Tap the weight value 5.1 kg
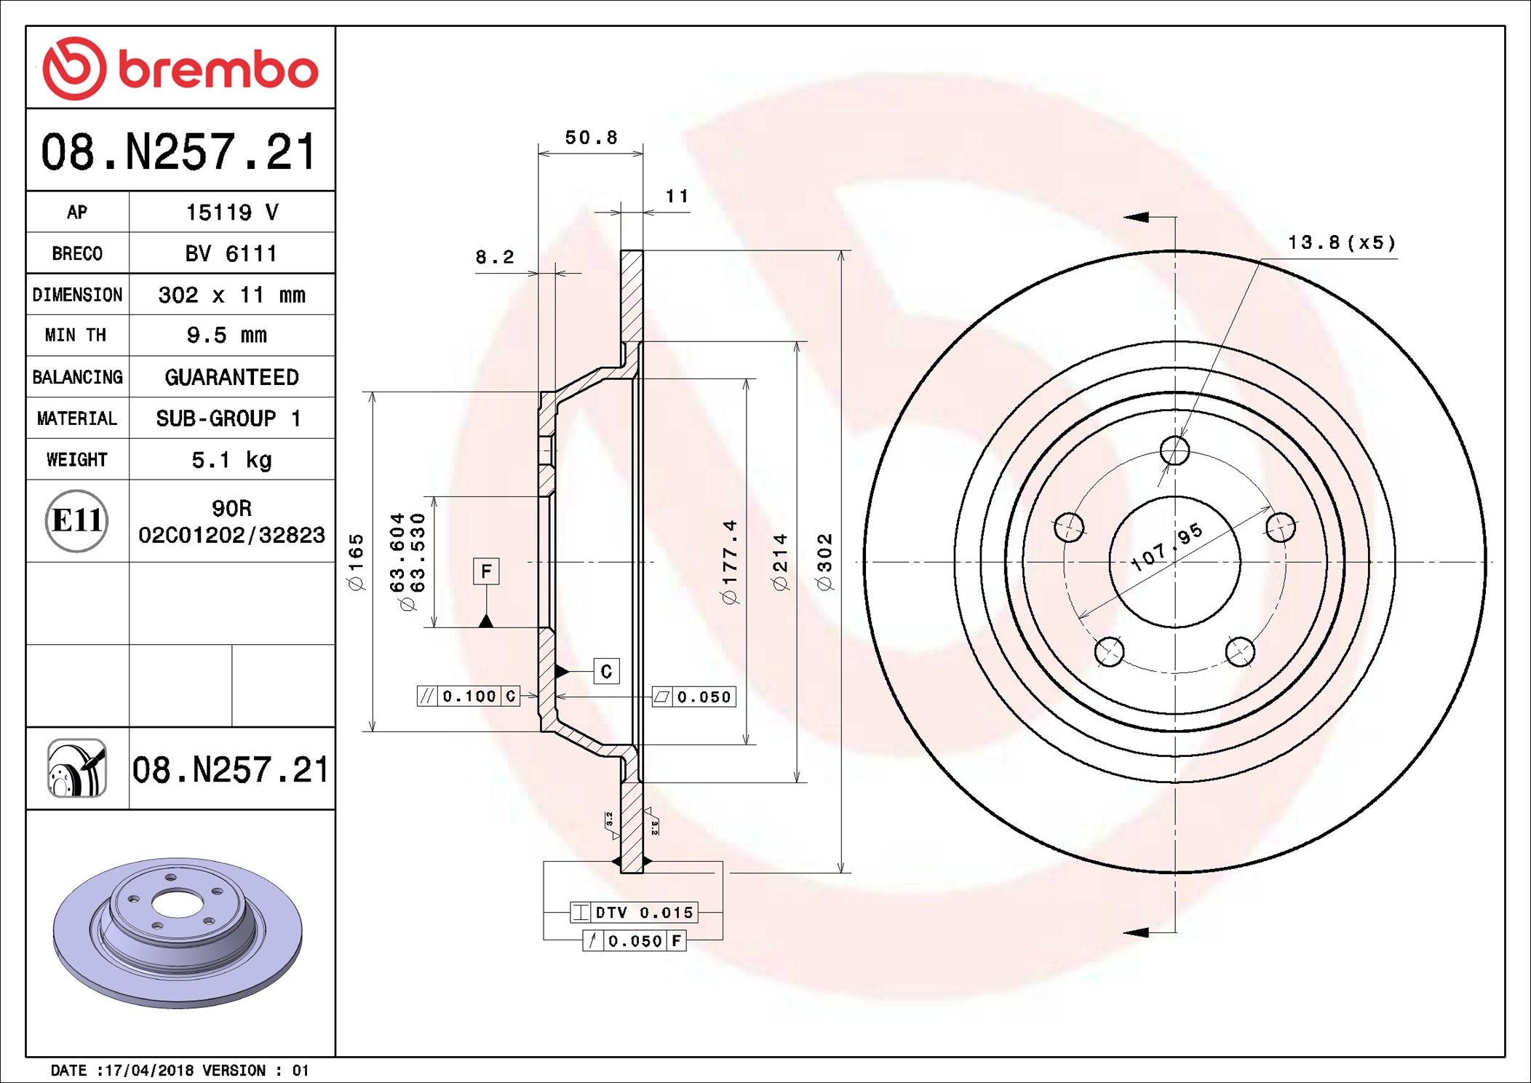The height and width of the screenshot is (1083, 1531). pos(231,460)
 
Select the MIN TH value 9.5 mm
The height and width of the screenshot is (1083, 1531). pos(227,336)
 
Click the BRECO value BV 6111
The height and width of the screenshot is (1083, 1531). pos(231,253)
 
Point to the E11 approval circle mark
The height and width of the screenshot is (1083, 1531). pos(76,520)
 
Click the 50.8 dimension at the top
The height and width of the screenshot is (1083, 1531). pos(591,138)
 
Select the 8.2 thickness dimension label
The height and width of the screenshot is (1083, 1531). pos(494,257)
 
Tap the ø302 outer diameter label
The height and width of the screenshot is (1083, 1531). pos(824,561)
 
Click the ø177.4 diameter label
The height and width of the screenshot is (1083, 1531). pos(730,561)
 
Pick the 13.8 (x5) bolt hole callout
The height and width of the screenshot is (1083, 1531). pos(1341,242)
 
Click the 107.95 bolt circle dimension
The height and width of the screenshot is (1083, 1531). pos(1166,547)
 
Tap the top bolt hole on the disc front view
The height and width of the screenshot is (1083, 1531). pos(1174,451)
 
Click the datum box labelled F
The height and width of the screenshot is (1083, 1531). pos(486,571)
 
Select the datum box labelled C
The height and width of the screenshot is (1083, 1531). pos(606,671)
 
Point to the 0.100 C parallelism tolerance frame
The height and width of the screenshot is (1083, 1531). pos(469,697)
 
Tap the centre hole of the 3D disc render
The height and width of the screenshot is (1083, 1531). pos(177,905)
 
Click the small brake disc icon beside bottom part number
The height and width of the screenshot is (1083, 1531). pos(77,769)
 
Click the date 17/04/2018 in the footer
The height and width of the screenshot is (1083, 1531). pos(149,1071)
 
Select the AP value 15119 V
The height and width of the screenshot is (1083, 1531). pos(231,212)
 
